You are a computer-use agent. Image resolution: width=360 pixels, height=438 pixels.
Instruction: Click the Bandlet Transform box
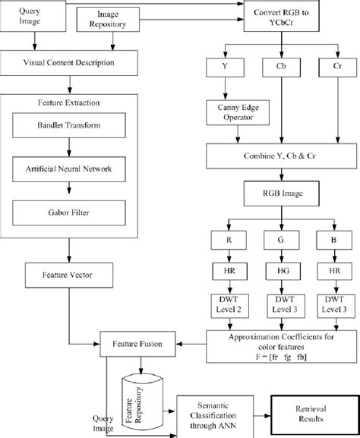70,124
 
